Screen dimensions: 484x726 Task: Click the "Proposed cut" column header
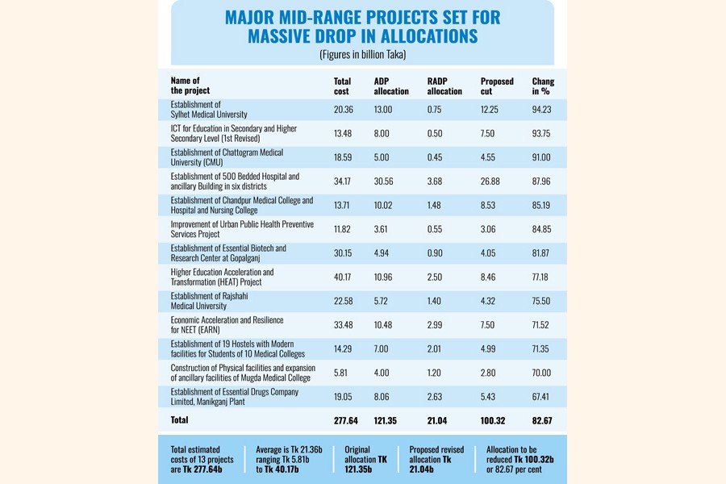(497, 86)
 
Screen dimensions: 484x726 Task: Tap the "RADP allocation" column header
(444, 86)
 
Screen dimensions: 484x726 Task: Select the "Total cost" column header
(342, 86)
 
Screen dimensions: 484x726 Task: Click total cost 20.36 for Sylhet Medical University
(344, 110)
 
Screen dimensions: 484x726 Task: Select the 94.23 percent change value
(543, 110)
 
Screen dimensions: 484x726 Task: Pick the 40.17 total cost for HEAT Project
(344, 277)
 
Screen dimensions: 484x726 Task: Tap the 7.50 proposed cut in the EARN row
(489, 325)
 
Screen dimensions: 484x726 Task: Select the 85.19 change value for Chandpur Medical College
(543, 206)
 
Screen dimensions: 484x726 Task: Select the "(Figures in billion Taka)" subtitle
(362, 55)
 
